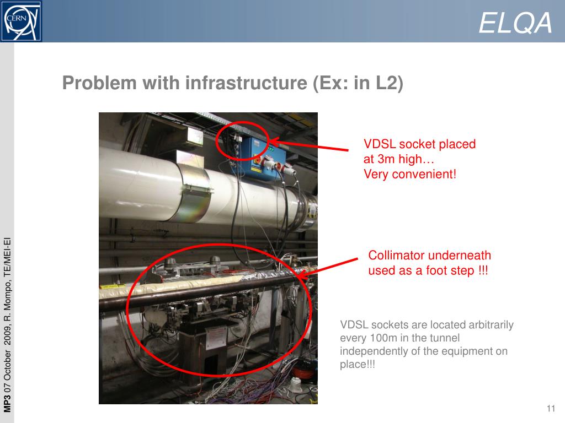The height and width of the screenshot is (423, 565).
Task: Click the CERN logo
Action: click(22, 21)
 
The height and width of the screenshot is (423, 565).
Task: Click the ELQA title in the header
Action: click(515, 23)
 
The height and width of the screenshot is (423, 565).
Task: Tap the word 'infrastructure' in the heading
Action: click(246, 83)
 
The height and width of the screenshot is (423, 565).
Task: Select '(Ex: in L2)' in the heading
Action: click(358, 83)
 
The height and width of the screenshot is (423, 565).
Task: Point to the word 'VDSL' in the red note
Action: click(380, 144)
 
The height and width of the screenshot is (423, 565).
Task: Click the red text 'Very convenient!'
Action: click(410, 174)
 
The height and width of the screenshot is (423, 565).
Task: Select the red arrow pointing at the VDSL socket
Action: click(309, 145)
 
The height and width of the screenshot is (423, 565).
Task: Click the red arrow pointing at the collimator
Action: click(328, 268)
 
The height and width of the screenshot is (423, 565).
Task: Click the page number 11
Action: click(551, 408)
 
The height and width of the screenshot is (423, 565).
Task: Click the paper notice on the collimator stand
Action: click(216, 338)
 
